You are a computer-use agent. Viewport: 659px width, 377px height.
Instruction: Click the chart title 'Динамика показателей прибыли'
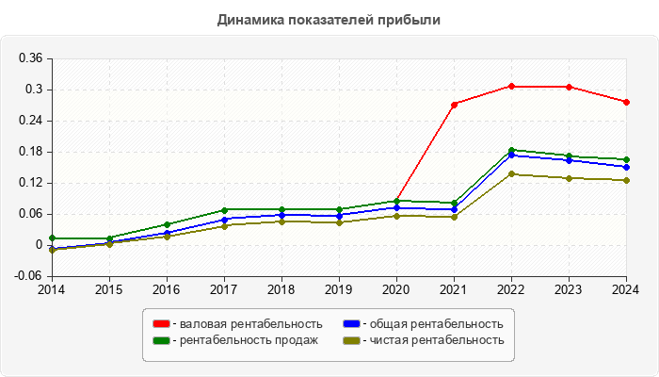click(x=329, y=19)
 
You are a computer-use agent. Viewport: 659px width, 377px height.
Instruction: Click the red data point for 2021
click(x=454, y=105)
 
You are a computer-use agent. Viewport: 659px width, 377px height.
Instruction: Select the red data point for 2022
click(x=511, y=86)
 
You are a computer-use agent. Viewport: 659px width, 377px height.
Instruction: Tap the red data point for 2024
click(x=626, y=102)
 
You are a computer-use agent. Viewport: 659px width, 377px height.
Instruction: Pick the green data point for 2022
click(x=511, y=150)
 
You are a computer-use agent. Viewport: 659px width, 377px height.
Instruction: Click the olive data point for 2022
click(x=511, y=173)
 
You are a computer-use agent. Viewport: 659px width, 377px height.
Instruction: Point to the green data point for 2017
click(x=224, y=209)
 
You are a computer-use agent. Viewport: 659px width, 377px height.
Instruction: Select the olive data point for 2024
click(x=626, y=180)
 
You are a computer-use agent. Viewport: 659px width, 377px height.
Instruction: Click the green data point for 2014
click(x=52, y=238)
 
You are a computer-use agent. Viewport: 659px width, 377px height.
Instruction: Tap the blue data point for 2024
click(x=626, y=167)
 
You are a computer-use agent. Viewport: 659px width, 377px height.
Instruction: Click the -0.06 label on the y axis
click(x=30, y=276)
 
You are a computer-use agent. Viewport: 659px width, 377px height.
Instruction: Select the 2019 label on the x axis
click(x=339, y=289)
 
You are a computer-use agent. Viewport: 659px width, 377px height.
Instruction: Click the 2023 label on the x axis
click(x=569, y=289)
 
